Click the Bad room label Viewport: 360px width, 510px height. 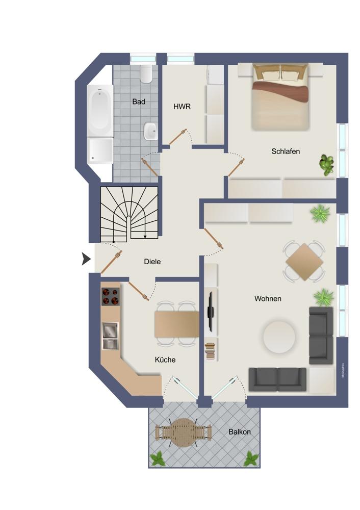pos(139,102)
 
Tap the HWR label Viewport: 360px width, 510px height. pos(182,107)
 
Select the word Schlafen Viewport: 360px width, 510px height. pos(286,151)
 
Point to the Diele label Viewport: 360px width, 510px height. pos(152,262)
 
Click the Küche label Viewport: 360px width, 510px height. pos(165,360)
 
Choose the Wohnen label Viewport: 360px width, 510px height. pos(268,298)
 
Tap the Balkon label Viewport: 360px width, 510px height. pos(240,432)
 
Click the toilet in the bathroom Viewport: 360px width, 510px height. pos(146,74)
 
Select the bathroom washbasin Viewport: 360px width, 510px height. pos(151,131)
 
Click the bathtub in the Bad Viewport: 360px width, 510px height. pos(100,111)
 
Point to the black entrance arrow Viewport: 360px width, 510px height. pos(86,259)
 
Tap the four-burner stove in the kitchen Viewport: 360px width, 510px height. pos(111,296)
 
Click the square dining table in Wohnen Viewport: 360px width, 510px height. pos(304,262)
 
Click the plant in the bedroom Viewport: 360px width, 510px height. pos(326,165)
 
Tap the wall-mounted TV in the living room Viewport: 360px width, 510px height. pos(210,312)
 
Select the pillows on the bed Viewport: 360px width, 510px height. pos(280,73)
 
